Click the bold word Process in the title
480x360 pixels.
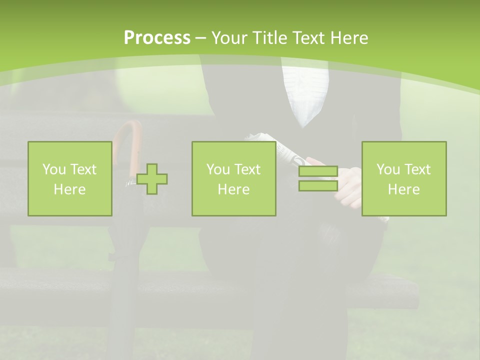pos(157,38)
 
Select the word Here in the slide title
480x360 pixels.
pos(348,38)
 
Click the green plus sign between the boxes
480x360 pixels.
pos(152,179)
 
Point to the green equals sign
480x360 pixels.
pos(318,179)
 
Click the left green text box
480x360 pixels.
pos(70,179)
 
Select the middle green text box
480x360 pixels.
pos(234,179)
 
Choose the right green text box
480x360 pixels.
pos(404,179)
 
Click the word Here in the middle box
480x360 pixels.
pos(234,189)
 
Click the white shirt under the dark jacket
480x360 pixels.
pos(305,95)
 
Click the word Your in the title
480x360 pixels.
pos(228,38)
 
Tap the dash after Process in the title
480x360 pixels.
pos(201,38)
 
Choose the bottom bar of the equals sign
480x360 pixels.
pos(318,185)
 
